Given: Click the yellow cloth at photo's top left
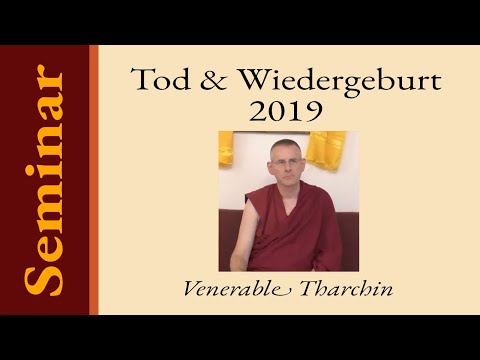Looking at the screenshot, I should click(x=226, y=148).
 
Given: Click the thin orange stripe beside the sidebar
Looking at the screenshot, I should click(x=94, y=180).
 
